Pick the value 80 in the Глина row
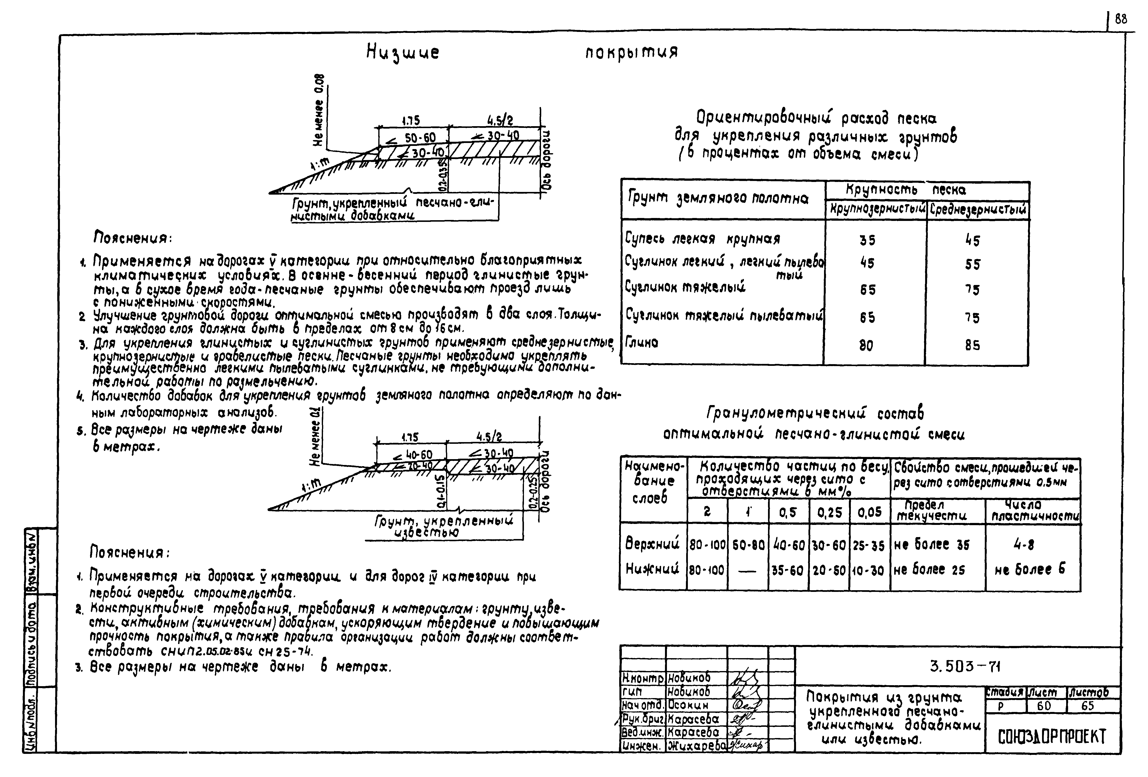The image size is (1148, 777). tap(866, 345)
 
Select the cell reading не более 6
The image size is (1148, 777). tap(1030, 569)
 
